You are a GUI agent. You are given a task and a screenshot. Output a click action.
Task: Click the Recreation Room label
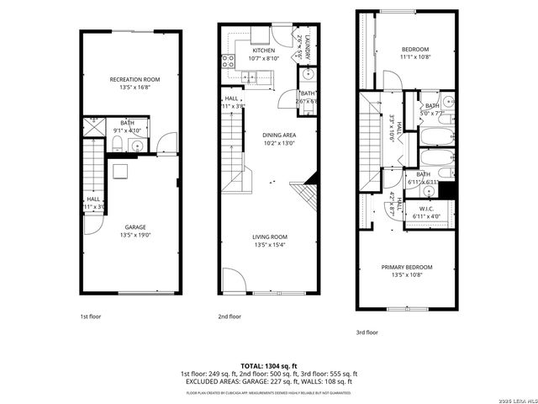click(x=134, y=80)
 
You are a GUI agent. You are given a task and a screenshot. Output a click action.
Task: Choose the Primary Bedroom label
click(x=411, y=267)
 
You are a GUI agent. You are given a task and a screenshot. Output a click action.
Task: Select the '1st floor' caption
click(x=91, y=316)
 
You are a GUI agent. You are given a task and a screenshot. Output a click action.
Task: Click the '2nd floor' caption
click(x=229, y=316)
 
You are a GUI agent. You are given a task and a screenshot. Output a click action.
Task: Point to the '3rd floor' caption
click(x=367, y=332)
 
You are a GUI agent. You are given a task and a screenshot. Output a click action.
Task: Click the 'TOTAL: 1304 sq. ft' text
click(x=268, y=365)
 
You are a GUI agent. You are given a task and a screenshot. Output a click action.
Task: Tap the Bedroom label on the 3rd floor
click(x=414, y=49)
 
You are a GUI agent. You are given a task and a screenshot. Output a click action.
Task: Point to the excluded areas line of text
click(x=268, y=381)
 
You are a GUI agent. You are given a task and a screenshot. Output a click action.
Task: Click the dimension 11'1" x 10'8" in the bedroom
click(x=414, y=56)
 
